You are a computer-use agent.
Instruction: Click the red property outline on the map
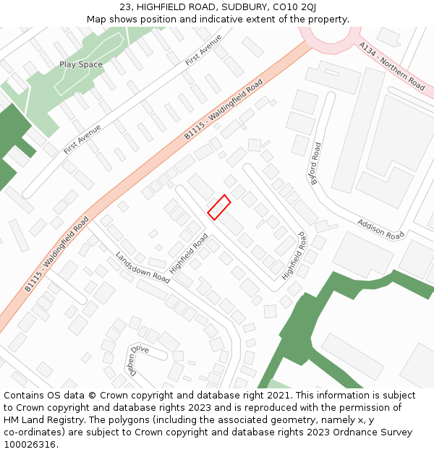pyautogui.click(x=219, y=206)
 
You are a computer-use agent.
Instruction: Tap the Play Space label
pyautogui.click(x=81, y=64)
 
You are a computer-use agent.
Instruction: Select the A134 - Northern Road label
pyautogui.click(x=391, y=66)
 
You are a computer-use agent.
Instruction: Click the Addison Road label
pyautogui.click(x=380, y=229)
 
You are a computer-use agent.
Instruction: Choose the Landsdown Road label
pyautogui.click(x=142, y=268)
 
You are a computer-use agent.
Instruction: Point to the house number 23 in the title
pyautogui.click(x=126, y=7)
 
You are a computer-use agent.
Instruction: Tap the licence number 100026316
pyautogui.click(x=30, y=445)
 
